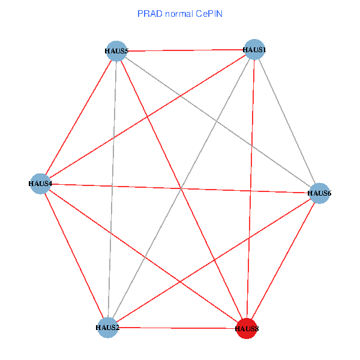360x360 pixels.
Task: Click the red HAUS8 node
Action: tap(247, 328)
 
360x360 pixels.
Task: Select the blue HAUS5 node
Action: tap(116, 51)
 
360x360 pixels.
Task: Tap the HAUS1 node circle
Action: tap(254, 49)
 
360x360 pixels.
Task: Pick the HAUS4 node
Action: tap(40, 183)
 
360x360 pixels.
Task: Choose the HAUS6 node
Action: tap(319, 193)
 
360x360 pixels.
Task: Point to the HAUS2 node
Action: tap(108, 327)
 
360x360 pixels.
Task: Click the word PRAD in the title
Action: tap(149, 13)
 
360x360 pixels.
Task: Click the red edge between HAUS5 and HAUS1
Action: tap(185, 50)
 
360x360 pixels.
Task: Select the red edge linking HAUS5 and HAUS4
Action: tap(78, 117)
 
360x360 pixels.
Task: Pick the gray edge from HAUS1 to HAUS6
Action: tap(287, 121)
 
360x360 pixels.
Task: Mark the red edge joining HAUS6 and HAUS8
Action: tap(283, 260)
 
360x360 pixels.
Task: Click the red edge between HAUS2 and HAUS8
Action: tap(177, 328)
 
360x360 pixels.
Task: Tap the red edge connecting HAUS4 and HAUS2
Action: tap(74, 255)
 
